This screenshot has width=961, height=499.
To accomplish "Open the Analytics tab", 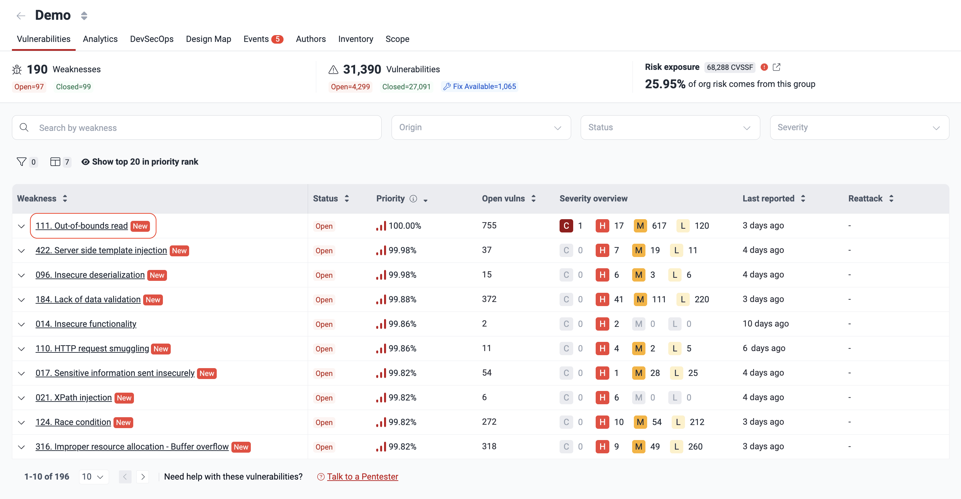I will (x=100, y=39).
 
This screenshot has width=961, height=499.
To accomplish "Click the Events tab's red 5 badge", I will (x=277, y=39).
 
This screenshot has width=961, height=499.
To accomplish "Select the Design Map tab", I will (x=208, y=39).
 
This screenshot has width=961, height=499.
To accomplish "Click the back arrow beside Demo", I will (x=21, y=16).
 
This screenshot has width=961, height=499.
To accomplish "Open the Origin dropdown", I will (x=480, y=127).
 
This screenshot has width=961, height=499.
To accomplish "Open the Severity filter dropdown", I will (x=859, y=127).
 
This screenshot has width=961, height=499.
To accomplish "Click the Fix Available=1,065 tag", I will (x=480, y=87).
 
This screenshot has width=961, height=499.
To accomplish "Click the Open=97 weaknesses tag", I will (x=29, y=87).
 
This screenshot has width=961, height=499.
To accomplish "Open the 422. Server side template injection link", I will (x=101, y=250).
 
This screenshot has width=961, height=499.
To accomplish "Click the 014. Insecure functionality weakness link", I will (x=86, y=323).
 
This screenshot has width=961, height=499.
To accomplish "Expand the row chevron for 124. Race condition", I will (x=21, y=423).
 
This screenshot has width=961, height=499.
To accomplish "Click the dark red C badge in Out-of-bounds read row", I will (x=566, y=225).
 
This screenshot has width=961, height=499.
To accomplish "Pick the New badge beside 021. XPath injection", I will (x=124, y=398).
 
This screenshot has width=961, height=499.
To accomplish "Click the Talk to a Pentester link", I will (x=362, y=477).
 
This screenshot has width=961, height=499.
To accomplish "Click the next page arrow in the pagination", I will (x=142, y=477).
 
